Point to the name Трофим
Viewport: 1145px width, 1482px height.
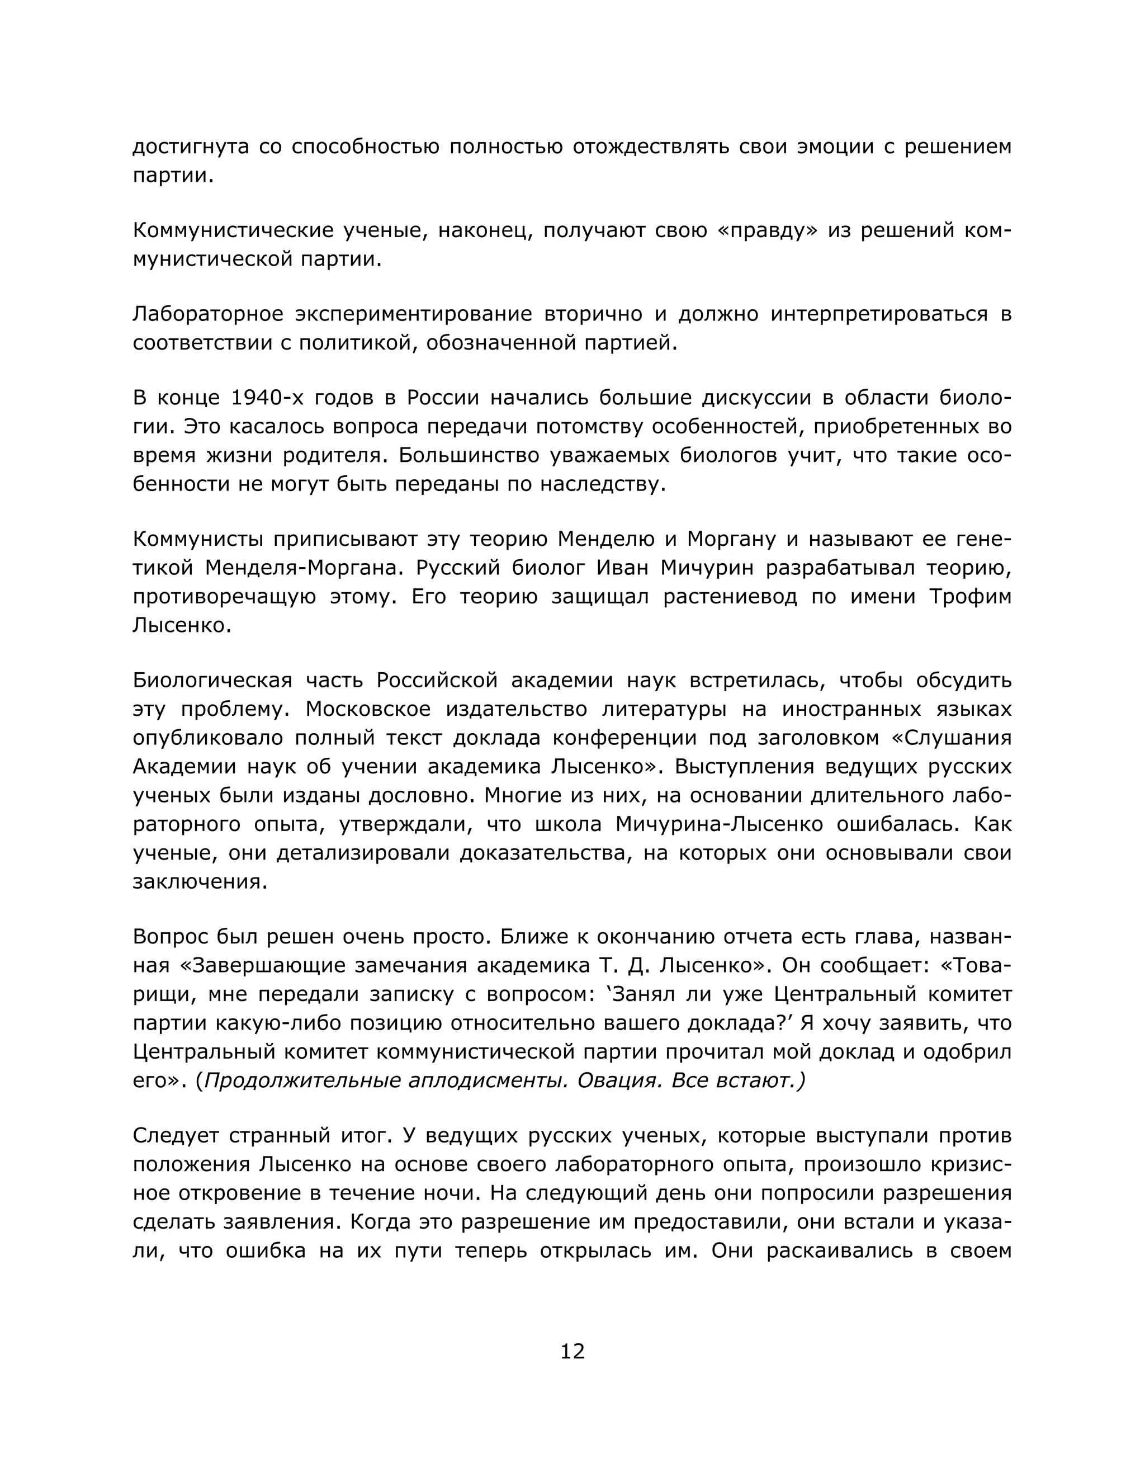coord(970,597)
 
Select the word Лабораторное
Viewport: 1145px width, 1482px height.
coord(208,314)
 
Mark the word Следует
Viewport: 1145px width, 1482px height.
coord(176,1135)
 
